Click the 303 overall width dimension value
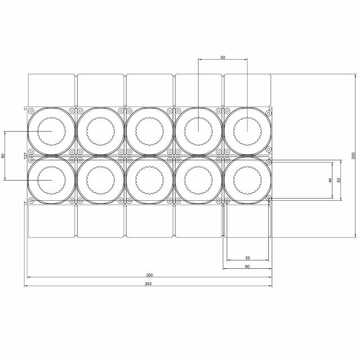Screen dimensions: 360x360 tap(148, 283)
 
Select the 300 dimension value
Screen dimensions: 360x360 tap(149, 275)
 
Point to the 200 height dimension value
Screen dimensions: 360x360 tap(353, 155)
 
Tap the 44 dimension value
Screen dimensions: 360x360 tap(331, 180)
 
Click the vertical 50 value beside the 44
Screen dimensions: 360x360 tap(339, 180)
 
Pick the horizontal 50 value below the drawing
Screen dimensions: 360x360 tap(247, 258)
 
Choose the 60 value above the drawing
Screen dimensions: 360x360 tap(223, 57)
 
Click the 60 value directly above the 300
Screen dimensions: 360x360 tap(247, 266)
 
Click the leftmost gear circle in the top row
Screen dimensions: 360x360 tap(52, 131)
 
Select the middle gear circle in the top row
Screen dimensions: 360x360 tap(149, 131)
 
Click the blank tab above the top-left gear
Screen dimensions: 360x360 tap(52, 89)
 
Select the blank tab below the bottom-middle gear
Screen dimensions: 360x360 tap(149, 220)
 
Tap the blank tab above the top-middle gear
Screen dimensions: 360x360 tap(149, 89)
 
